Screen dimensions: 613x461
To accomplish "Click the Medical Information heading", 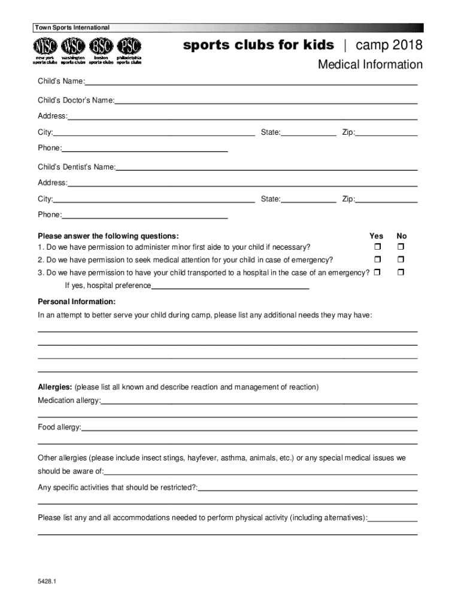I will (x=370, y=65).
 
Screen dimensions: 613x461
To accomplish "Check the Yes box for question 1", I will (x=378, y=247).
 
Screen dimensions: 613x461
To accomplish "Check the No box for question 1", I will (x=401, y=247).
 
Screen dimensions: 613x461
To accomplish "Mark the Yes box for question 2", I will (x=378, y=260).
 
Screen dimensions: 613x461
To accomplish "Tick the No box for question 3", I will (x=401, y=273).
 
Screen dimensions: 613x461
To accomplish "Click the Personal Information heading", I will (x=77, y=302).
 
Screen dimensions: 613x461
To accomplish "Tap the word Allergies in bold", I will (x=55, y=387).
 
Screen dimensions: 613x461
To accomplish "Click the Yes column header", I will (x=377, y=236).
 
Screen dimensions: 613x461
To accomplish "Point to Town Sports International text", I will (x=72, y=28).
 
